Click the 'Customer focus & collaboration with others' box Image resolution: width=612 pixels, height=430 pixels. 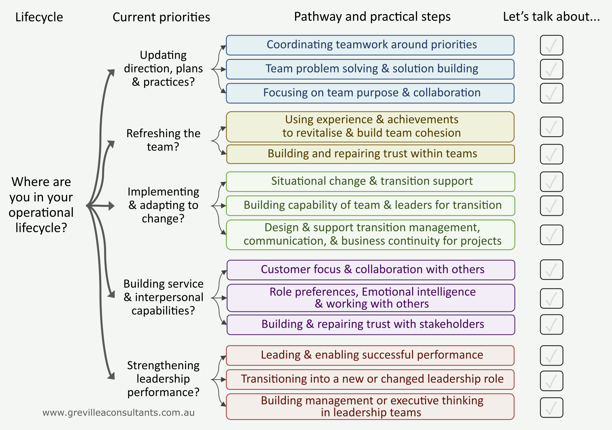[371, 270]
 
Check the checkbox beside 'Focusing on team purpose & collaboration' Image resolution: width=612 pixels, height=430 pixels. [551, 93]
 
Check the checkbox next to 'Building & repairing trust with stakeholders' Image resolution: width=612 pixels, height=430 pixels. [551, 325]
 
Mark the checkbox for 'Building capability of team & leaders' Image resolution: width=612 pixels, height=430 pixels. [551, 206]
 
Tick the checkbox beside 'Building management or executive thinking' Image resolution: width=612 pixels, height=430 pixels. [551, 408]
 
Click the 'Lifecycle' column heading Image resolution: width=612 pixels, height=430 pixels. [39, 17]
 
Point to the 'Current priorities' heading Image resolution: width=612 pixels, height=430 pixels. [161, 17]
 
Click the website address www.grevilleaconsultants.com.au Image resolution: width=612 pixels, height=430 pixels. [118, 413]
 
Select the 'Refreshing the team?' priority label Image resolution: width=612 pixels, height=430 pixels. [163, 140]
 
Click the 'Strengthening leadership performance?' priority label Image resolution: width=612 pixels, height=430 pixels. [163, 379]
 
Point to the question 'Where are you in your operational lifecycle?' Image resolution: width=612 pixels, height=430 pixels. [41, 205]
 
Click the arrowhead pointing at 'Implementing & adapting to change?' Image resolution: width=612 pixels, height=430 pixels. [111, 206]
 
